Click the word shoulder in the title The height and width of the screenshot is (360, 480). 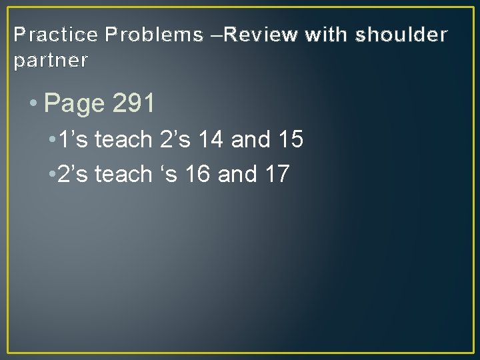[402, 34]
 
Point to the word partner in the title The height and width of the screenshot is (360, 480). [51, 61]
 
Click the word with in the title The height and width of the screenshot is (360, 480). [325, 34]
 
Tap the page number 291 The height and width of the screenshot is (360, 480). [134, 103]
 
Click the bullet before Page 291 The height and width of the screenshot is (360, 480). [33, 104]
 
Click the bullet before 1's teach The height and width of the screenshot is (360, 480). [52, 140]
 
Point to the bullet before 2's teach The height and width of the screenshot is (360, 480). [52, 174]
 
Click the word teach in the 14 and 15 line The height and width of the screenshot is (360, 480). [124, 140]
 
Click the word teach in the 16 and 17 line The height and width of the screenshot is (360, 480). [124, 174]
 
